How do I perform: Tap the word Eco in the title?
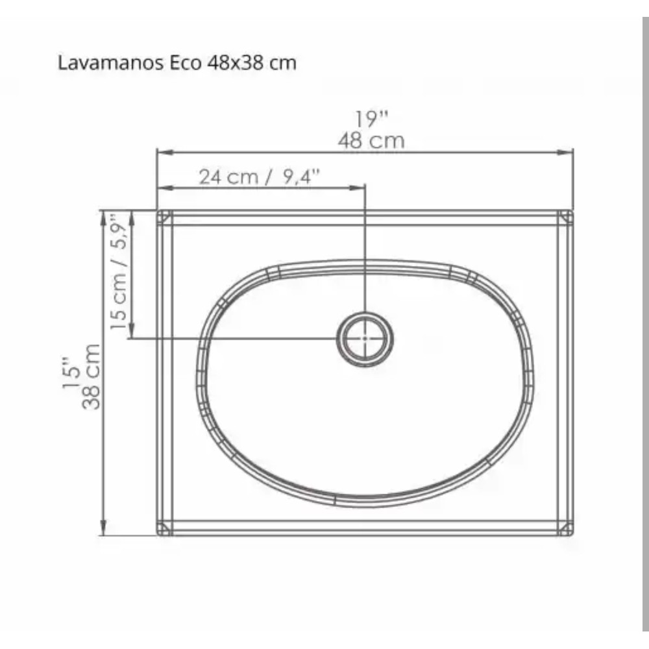click(x=187, y=63)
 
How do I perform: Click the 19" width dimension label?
click(x=371, y=119)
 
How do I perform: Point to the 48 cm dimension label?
click(x=371, y=140)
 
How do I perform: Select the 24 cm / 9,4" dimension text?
click(x=260, y=177)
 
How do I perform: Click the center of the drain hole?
click(x=365, y=338)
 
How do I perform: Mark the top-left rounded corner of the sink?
click(x=164, y=217)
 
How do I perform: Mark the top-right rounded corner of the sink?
click(x=567, y=217)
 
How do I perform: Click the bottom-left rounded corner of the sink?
click(x=164, y=529)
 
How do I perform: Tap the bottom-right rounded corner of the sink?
click(x=567, y=529)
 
